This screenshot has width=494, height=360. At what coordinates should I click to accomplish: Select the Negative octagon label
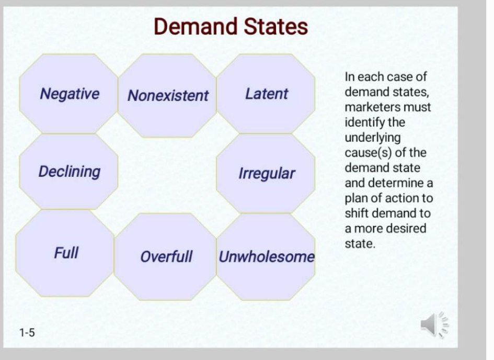[x=70, y=94]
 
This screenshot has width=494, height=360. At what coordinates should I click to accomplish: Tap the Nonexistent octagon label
[x=168, y=96]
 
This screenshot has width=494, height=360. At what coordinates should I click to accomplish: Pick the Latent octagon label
[x=267, y=94]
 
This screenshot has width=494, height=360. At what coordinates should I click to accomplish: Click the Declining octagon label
[x=70, y=172]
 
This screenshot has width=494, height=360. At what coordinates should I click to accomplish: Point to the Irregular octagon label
[x=267, y=173]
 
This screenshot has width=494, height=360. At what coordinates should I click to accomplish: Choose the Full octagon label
[x=66, y=253]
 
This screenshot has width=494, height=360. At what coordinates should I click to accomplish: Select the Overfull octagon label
[x=166, y=257]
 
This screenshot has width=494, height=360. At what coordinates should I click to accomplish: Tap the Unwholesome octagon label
[x=267, y=257]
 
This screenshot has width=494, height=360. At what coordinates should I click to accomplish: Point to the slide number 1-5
[x=27, y=332]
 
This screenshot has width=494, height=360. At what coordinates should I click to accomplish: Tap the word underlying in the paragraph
[x=373, y=138]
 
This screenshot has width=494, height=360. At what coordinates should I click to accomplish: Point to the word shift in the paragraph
[x=355, y=213]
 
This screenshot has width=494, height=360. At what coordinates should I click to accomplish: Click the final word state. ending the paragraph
[x=360, y=244]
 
